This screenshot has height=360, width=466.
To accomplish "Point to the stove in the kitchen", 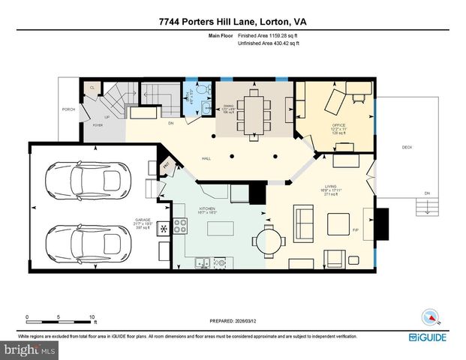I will click(x=180, y=225).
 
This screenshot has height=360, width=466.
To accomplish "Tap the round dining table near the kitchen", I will click(x=269, y=241).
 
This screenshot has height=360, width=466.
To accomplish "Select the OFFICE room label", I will click(x=338, y=124).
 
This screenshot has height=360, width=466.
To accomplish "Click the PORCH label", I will click(x=68, y=109).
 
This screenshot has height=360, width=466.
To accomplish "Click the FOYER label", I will click(x=98, y=125).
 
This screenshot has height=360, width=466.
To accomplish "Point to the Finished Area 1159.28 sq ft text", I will click(x=268, y=36).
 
